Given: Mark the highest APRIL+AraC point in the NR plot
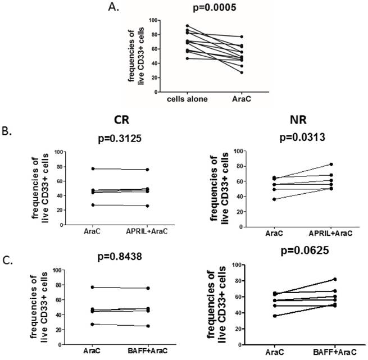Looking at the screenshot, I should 331,165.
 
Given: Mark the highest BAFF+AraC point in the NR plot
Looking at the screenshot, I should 334,279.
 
